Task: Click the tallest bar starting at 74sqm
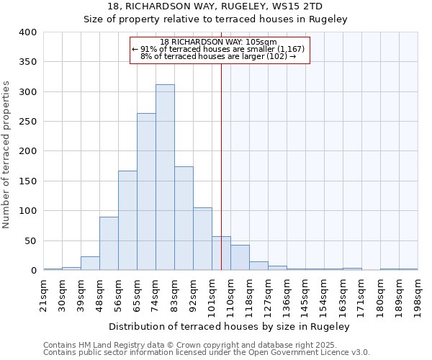click(165, 177)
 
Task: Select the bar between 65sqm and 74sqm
click(146, 192)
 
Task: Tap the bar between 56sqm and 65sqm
click(127, 220)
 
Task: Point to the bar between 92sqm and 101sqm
click(202, 239)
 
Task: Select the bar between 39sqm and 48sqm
click(90, 264)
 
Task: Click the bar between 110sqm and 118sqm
click(240, 258)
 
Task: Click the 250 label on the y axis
click(28, 122)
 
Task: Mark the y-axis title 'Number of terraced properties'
click(7, 154)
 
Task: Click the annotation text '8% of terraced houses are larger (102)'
click(218, 56)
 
